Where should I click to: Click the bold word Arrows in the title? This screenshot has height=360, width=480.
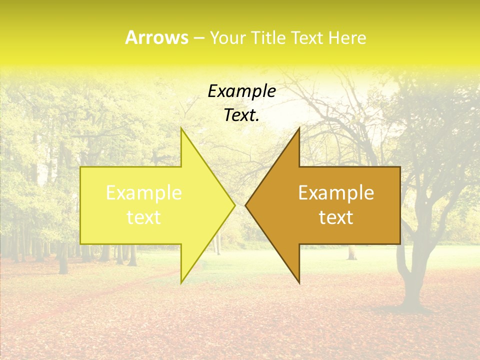(x=156, y=37)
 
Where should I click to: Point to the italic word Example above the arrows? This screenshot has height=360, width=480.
(x=241, y=91)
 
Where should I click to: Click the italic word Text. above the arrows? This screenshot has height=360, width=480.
(x=241, y=115)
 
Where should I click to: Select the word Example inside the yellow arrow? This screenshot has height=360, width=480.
(x=144, y=193)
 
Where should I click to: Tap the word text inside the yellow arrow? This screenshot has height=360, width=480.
(x=144, y=217)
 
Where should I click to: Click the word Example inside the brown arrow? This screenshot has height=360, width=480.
(x=336, y=193)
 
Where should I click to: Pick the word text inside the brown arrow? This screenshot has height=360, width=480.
(x=336, y=217)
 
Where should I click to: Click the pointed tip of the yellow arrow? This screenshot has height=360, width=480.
(x=234, y=205)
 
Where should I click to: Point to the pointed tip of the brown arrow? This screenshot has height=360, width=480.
(x=246, y=205)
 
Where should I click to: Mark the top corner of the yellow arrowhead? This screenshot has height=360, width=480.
(x=181, y=128)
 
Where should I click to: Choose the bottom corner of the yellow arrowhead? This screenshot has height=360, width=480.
(x=181, y=282)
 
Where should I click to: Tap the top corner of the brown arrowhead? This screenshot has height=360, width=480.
(x=299, y=128)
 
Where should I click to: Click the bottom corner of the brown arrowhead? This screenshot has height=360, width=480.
(x=299, y=282)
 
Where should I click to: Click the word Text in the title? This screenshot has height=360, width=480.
(x=309, y=38)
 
